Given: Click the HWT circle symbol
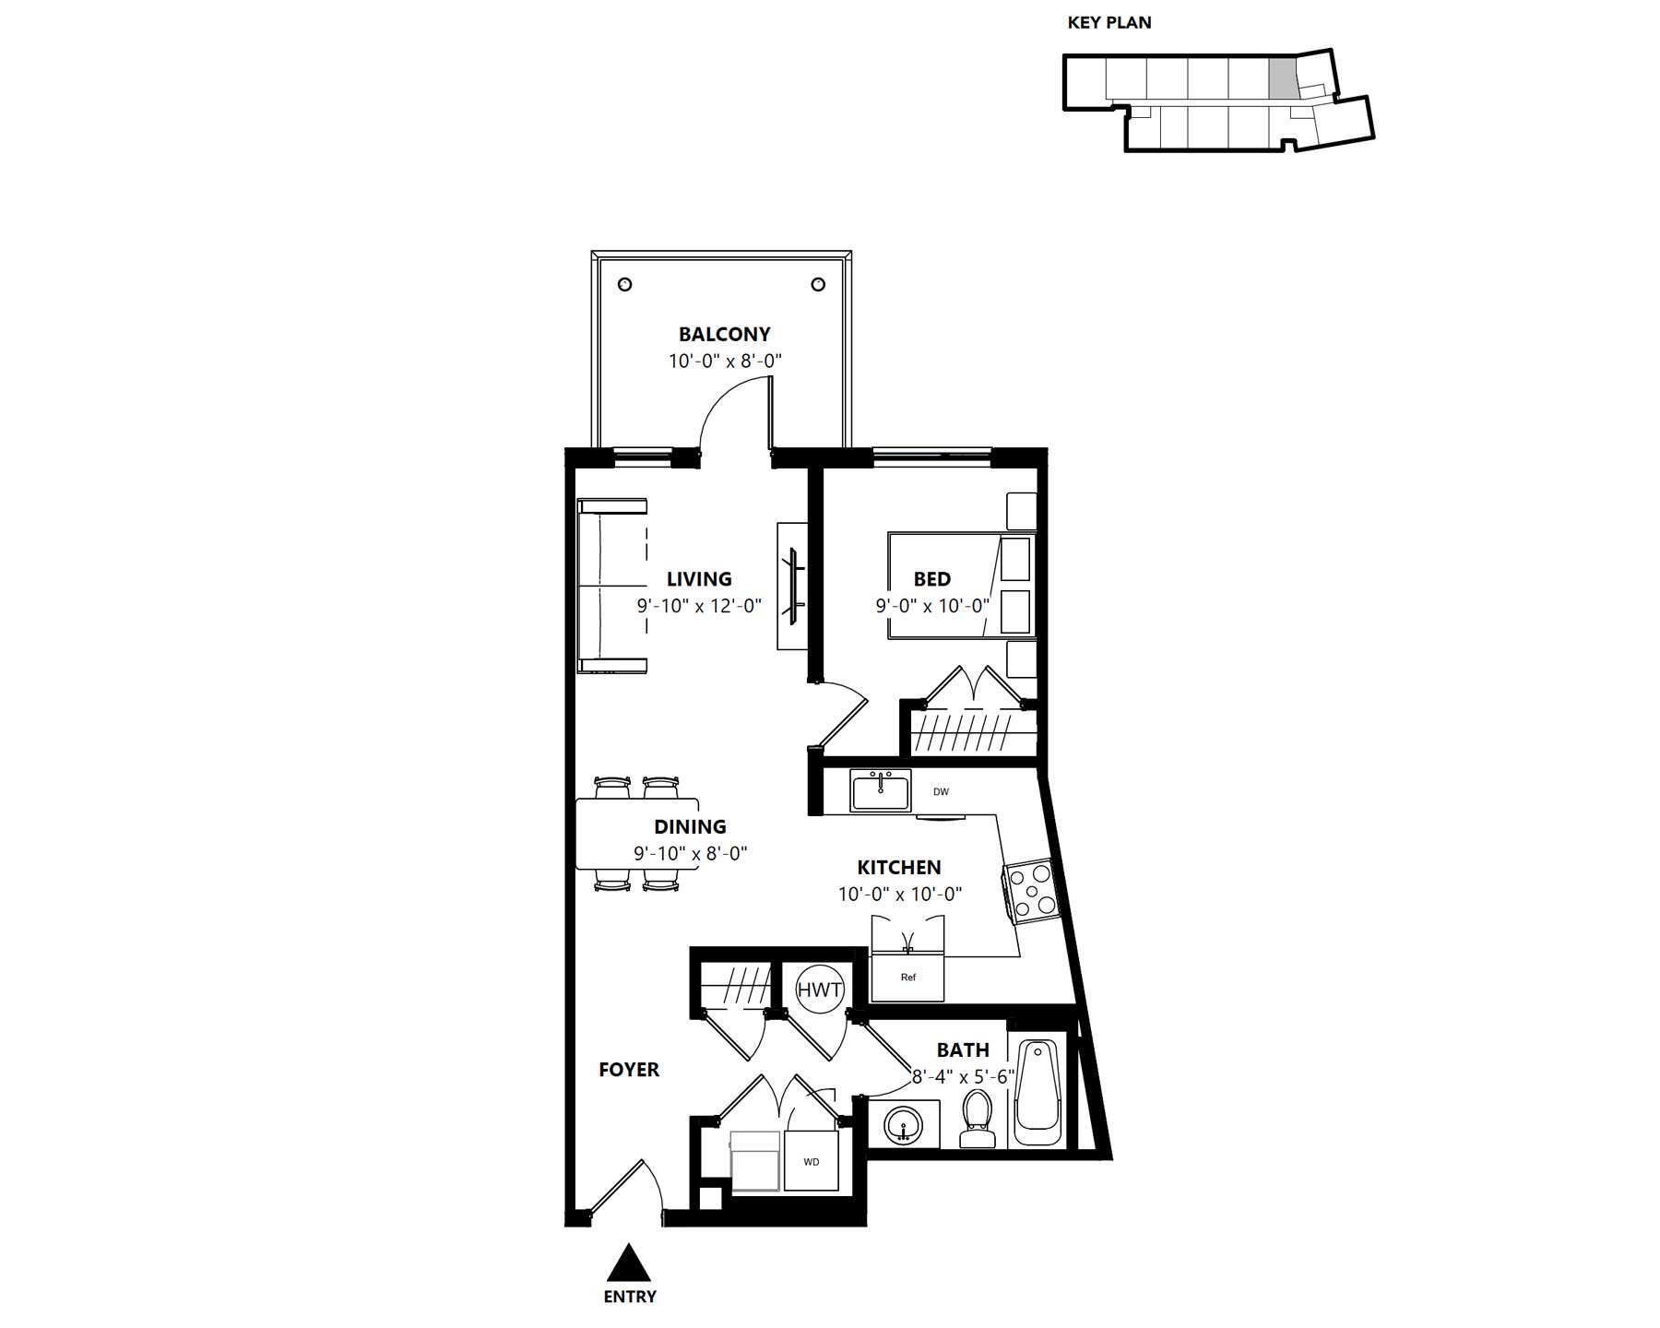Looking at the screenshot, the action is coord(819,990).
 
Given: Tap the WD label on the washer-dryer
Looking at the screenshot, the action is coord(812,1162).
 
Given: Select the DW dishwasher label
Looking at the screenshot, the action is coord(941,791).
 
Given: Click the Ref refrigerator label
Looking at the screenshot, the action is coord(908,978).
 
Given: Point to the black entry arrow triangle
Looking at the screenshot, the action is coord(629,1263).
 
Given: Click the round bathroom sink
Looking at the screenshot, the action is coord(904,1125).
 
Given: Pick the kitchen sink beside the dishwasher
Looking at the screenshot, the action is coord(881,791).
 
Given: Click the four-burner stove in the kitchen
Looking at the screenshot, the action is coord(1029,891).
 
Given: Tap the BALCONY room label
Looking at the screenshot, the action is coord(725,334).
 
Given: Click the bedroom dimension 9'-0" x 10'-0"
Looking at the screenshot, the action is coord(932,606).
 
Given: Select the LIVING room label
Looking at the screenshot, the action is coord(699,579).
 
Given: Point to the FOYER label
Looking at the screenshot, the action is coord(629,1070).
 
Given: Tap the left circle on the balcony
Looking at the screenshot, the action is coord(624,284).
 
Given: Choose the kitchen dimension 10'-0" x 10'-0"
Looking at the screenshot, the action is coord(900,894).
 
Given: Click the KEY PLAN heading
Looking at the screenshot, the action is coord(1109,23).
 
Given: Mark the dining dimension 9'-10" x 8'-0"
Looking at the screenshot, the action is coord(690,853).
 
